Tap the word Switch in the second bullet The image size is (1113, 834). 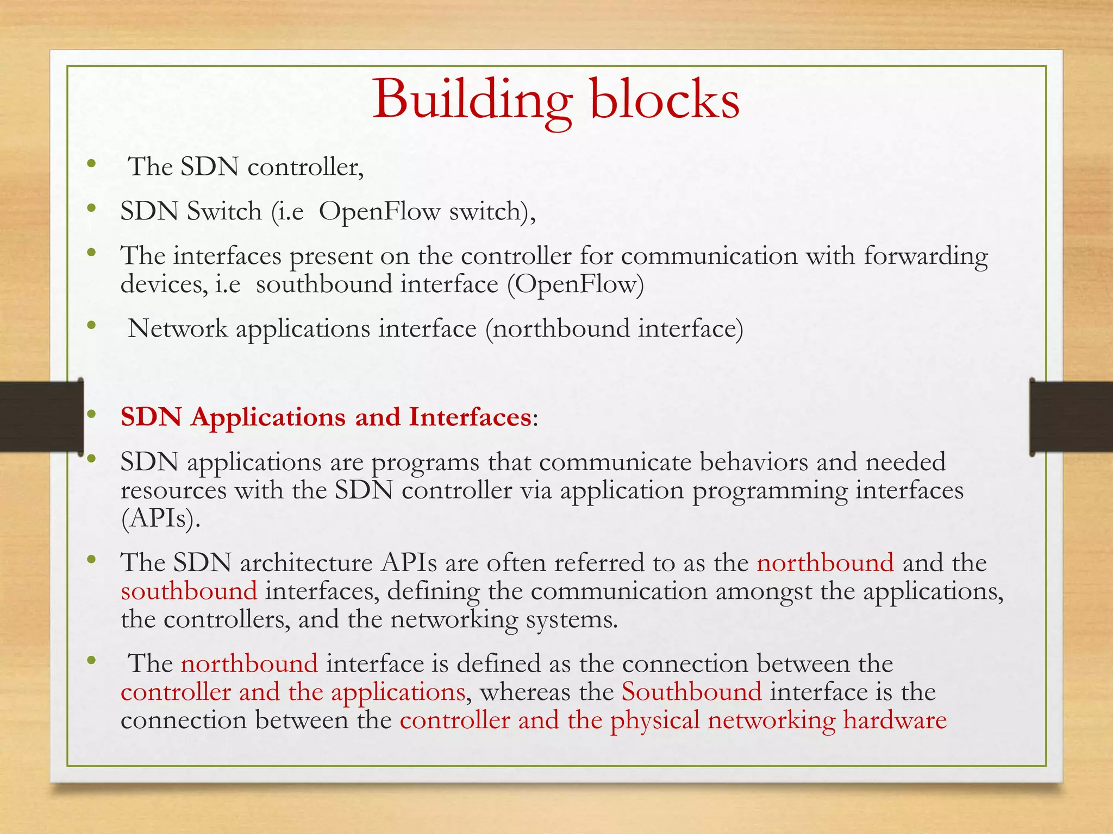[x=224, y=211]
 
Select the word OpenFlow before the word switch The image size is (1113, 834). [x=379, y=212]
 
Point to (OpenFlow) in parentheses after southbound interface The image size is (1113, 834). [x=575, y=285]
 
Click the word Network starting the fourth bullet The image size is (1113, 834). [x=177, y=329]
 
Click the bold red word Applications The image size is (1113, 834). [x=268, y=418]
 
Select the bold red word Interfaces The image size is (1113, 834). [x=470, y=418]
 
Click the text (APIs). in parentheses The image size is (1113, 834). [x=160, y=519]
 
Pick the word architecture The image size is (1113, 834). [x=306, y=563]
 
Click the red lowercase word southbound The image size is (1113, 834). [x=189, y=591]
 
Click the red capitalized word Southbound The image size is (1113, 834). [x=691, y=692]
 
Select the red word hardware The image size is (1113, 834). [x=895, y=721]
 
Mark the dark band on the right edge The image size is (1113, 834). [x=1071, y=416]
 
